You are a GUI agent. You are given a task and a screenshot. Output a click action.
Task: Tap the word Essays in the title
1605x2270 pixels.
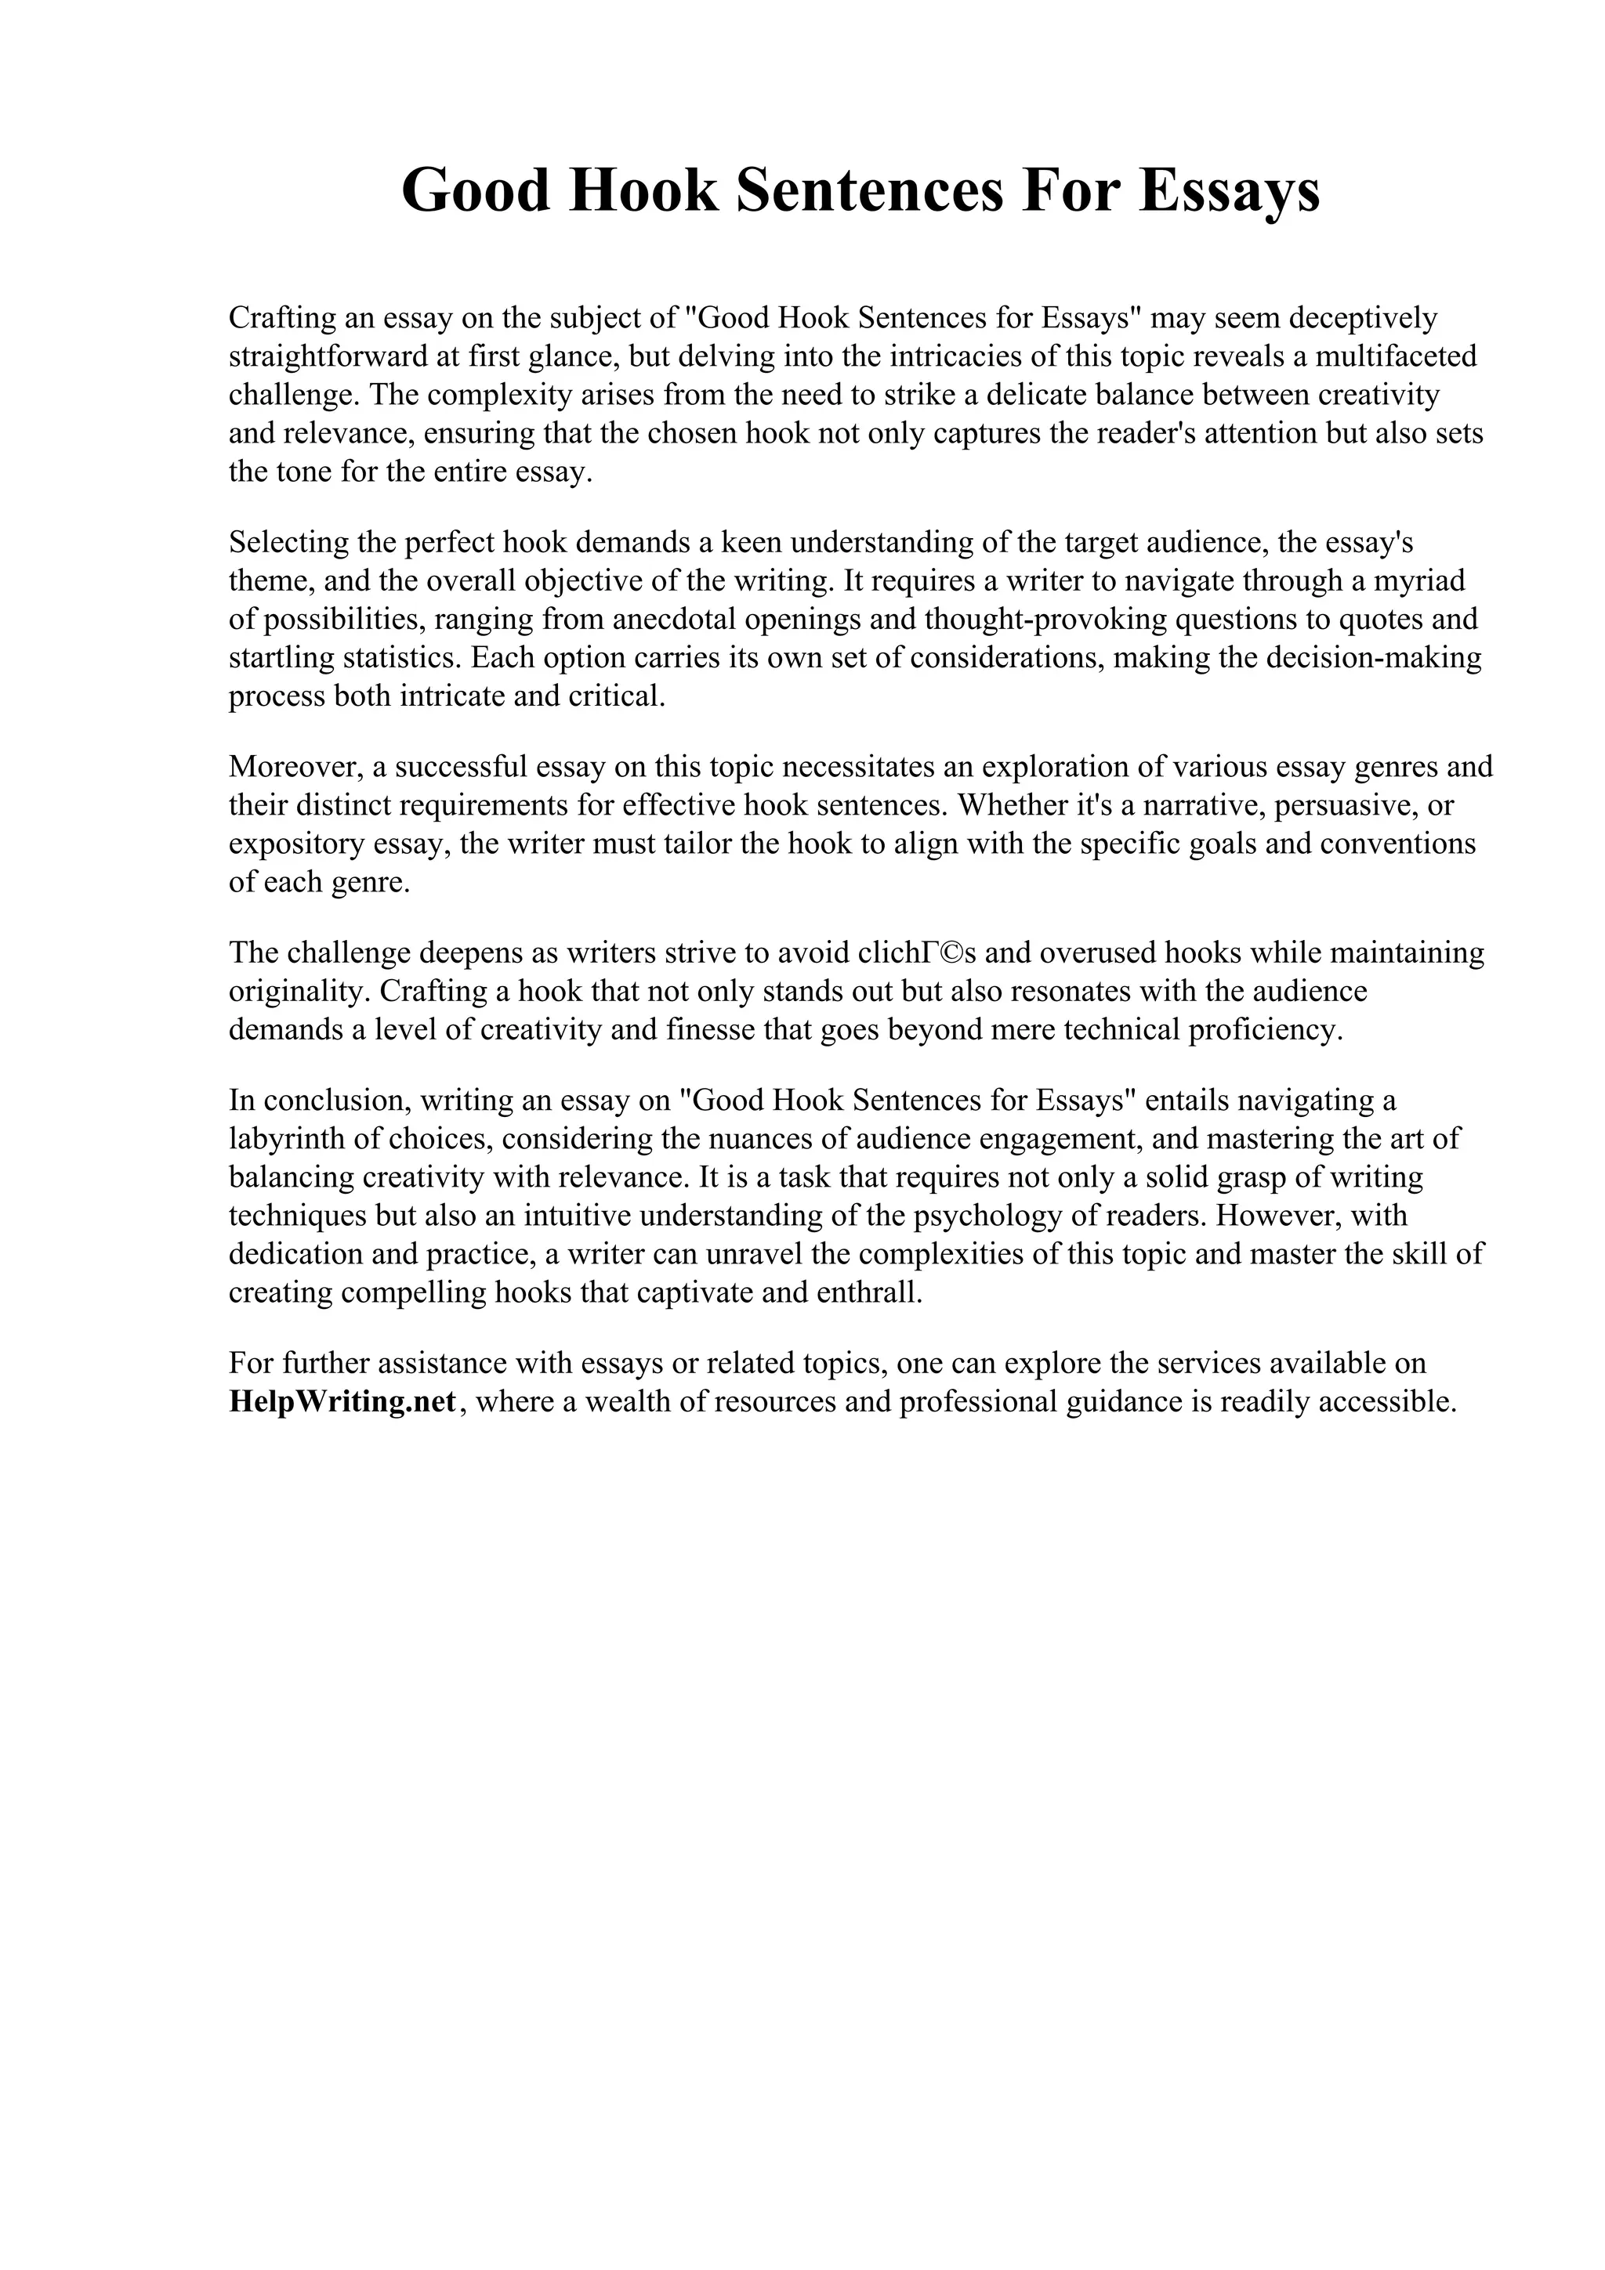pyautogui.click(x=1228, y=190)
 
